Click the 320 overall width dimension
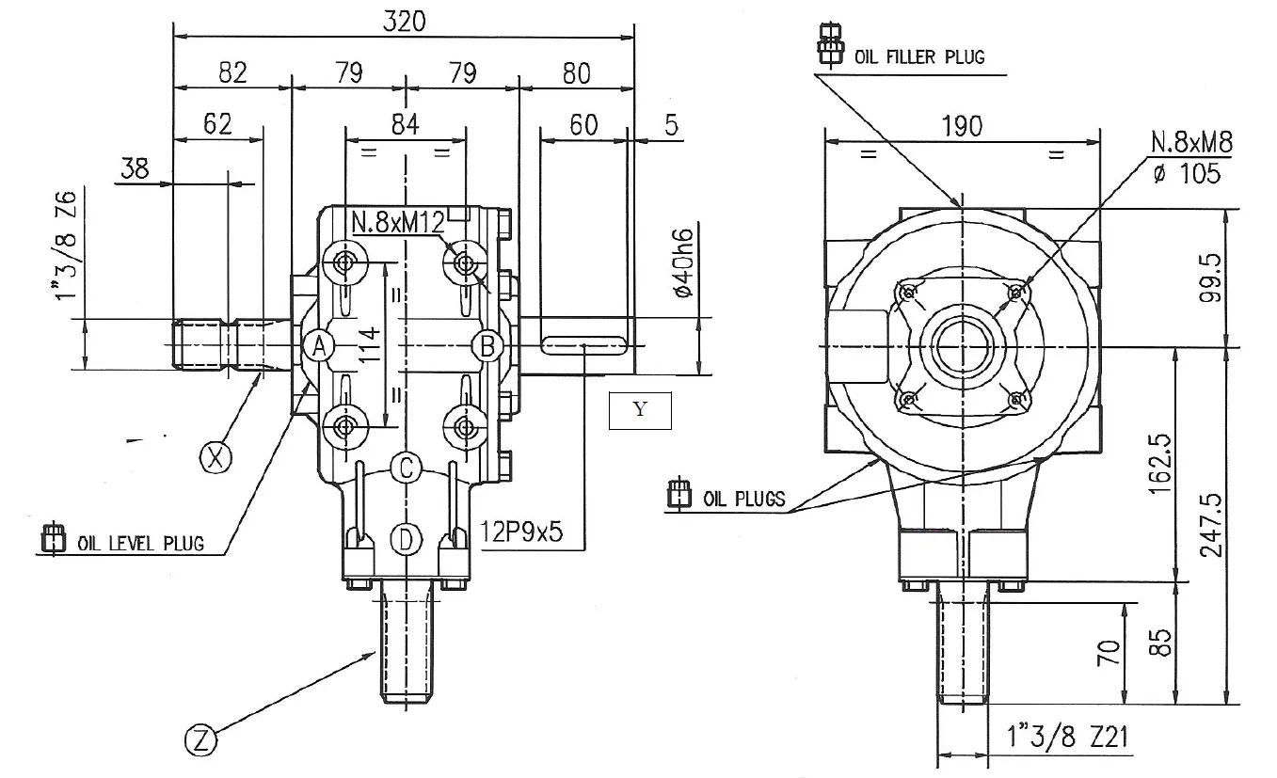pos(405,22)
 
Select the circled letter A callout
pos(319,346)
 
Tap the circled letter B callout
pos(487,346)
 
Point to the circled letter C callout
pos(404,467)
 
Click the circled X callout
pos(217,457)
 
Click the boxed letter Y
pos(640,410)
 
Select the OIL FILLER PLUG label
pos(918,56)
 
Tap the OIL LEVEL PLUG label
pos(140,543)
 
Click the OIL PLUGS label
pos(743,499)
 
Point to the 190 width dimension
pos(961,126)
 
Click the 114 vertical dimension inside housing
pos(371,346)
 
